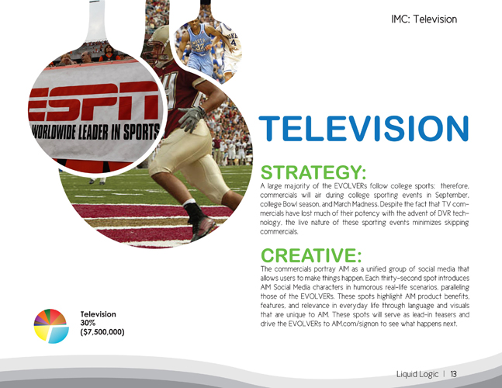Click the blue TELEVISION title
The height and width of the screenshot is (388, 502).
pos(364,128)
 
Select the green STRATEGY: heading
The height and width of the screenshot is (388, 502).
pos(313,172)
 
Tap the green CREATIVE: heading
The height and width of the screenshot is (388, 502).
pos(311,255)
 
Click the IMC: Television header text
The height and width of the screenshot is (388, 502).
pos(424,19)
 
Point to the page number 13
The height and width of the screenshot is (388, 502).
pos(453,374)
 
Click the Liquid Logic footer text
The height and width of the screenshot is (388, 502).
pos(417,374)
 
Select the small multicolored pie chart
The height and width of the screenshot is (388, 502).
pos(51,326)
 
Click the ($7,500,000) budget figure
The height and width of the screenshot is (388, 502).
pos(102,332)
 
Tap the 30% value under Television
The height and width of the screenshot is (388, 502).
pos(88,323)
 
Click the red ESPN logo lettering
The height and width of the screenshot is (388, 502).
pos(93,102)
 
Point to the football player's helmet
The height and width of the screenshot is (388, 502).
pos(158,45)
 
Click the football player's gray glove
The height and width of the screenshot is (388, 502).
pos(192,119)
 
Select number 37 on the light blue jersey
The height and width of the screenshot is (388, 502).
pos(199,47)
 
